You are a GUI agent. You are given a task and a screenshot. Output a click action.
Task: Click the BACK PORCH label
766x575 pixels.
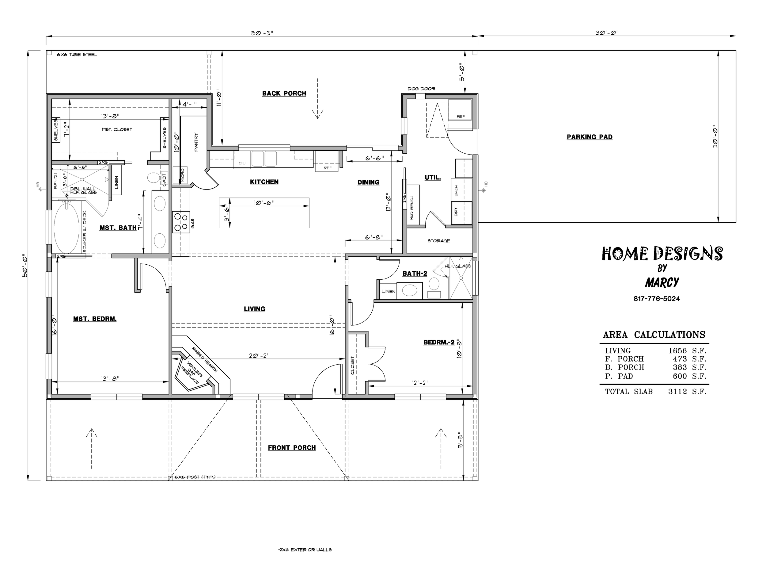click(x=284, y=93)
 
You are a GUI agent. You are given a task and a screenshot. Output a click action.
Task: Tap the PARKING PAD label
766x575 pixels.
click(x=590, y=137)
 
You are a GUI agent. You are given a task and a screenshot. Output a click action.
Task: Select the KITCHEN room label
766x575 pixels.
click(x=264, y=182)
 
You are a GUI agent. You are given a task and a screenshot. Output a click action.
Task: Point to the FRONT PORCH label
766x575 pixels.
click(x=292, y=448)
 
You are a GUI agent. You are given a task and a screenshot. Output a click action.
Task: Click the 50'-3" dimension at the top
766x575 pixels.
click(x=262, y=33)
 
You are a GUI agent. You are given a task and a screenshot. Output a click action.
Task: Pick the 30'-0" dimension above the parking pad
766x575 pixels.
click(x=607, y=33)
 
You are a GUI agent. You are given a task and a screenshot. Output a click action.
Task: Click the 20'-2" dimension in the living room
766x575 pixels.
click(x=259, y=356)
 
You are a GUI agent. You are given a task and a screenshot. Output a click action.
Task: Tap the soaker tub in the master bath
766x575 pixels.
click(x=66, y=228)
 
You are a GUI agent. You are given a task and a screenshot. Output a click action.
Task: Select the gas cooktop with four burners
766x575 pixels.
click(x=181, y=222)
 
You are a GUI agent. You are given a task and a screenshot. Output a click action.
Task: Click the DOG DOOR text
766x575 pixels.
click(x=421, y=89)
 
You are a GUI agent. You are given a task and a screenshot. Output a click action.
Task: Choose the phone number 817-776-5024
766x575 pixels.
click(x=657, y=299)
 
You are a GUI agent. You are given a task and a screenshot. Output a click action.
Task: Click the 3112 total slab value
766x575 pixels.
click(x=678, y=392)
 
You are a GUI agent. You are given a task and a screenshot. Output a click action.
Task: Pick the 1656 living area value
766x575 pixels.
click(x=678, y=351)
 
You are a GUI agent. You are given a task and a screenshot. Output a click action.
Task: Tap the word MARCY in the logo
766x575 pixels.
click(x=662, y=283)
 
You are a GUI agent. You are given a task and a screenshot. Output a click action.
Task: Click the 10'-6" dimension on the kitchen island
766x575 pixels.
click(x=264, y=203)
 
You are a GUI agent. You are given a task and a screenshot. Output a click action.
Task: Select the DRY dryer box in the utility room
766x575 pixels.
click(x=462, y=213)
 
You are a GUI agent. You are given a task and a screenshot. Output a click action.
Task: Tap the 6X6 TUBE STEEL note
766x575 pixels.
click(x=77, y=55)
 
